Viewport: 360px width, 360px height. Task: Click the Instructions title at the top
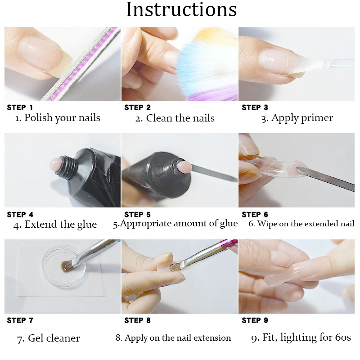pyautogui.click(x=181, y=9)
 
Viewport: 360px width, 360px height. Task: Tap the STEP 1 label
pyautogui.click(x=20, y=108)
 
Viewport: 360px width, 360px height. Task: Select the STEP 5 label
pyautogui.click(x=137, y=215)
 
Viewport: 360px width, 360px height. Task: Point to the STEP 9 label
pyautogui.click(x=255, y=320)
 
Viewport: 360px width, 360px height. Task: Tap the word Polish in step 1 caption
pyautogui.click(x=39, y=117)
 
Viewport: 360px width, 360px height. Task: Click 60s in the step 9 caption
pyautogui.click(x=343, y=337)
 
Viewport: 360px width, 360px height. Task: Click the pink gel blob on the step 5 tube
pyautogui.click(x=184, y=166)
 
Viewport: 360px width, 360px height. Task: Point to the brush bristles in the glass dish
pyautogui.click(x=67, y=266)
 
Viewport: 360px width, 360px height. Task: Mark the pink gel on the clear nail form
pyautogui.click(x=298, y=169)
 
